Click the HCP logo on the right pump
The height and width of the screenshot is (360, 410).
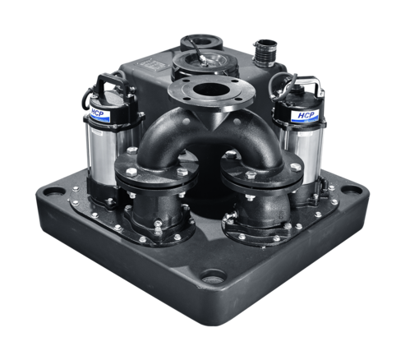click(305, 116)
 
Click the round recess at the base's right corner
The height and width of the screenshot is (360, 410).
click(352, 189)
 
